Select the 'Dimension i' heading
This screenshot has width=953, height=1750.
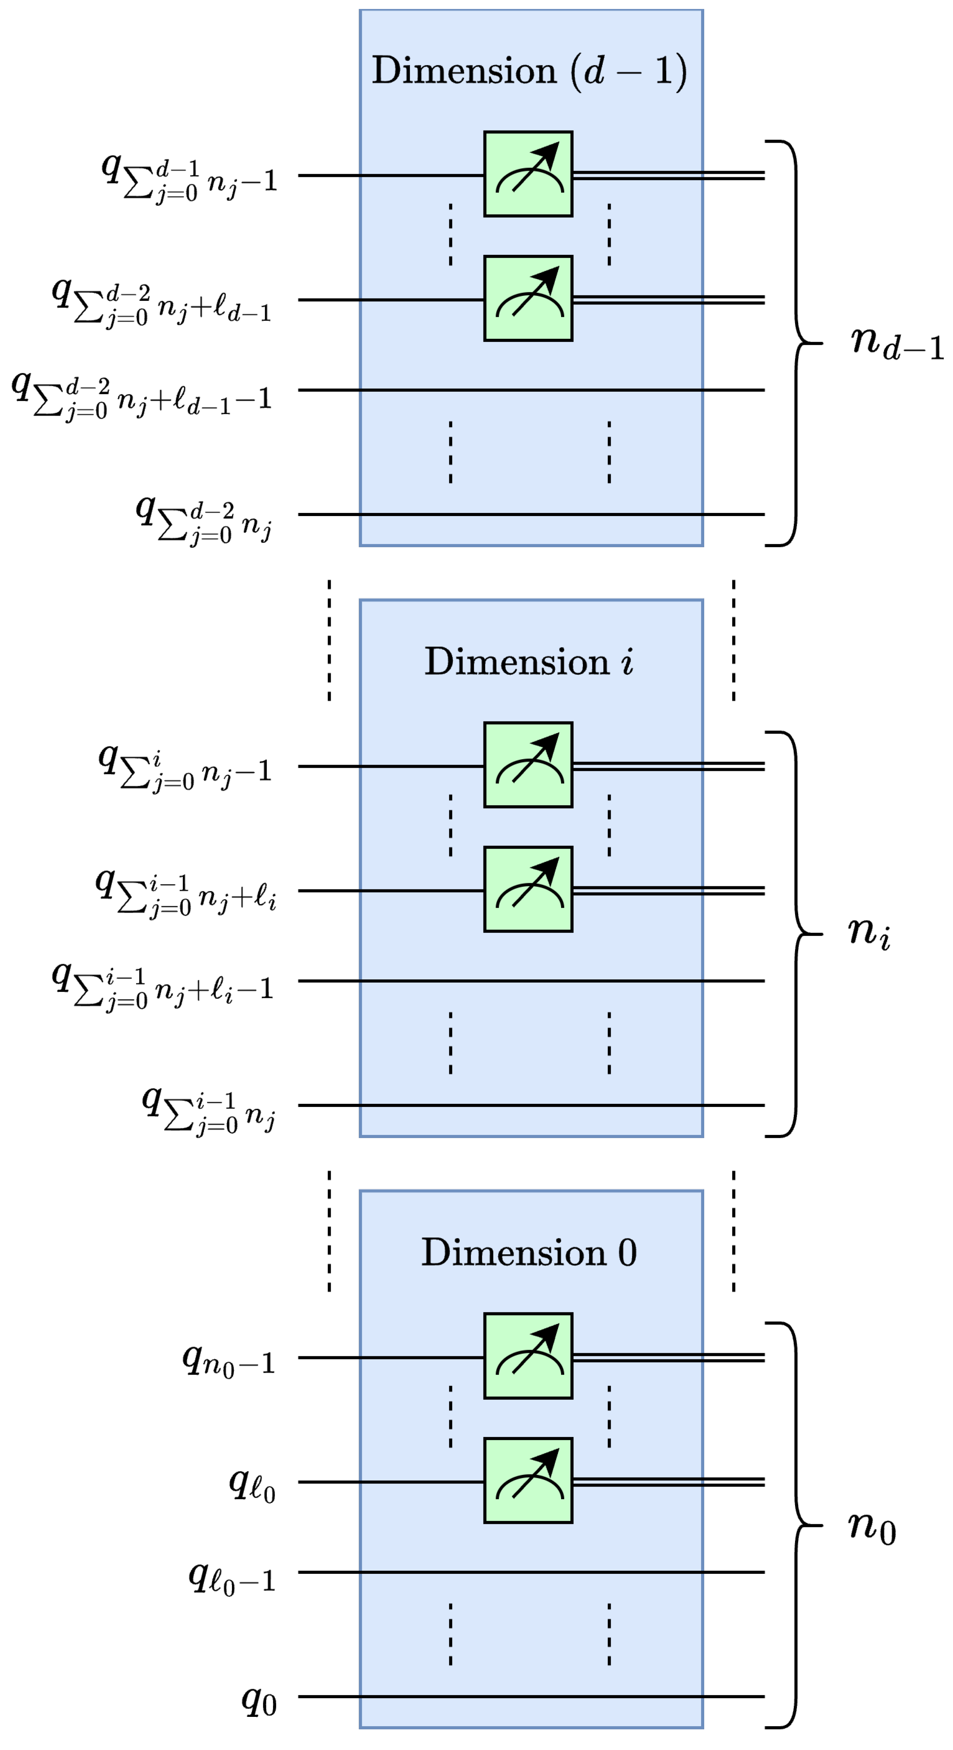[x=529, y=662]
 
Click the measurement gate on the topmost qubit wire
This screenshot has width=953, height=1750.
[x=528, y=174]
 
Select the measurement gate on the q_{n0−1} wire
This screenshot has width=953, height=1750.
[x=528, y=1356]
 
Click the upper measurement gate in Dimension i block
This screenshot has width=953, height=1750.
[x=528, y=765]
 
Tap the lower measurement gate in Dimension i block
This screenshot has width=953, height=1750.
[x=528, y=889]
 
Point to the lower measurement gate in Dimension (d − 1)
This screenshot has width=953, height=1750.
[x=528, y=298]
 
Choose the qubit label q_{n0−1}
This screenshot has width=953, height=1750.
[x=229, y=1361]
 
